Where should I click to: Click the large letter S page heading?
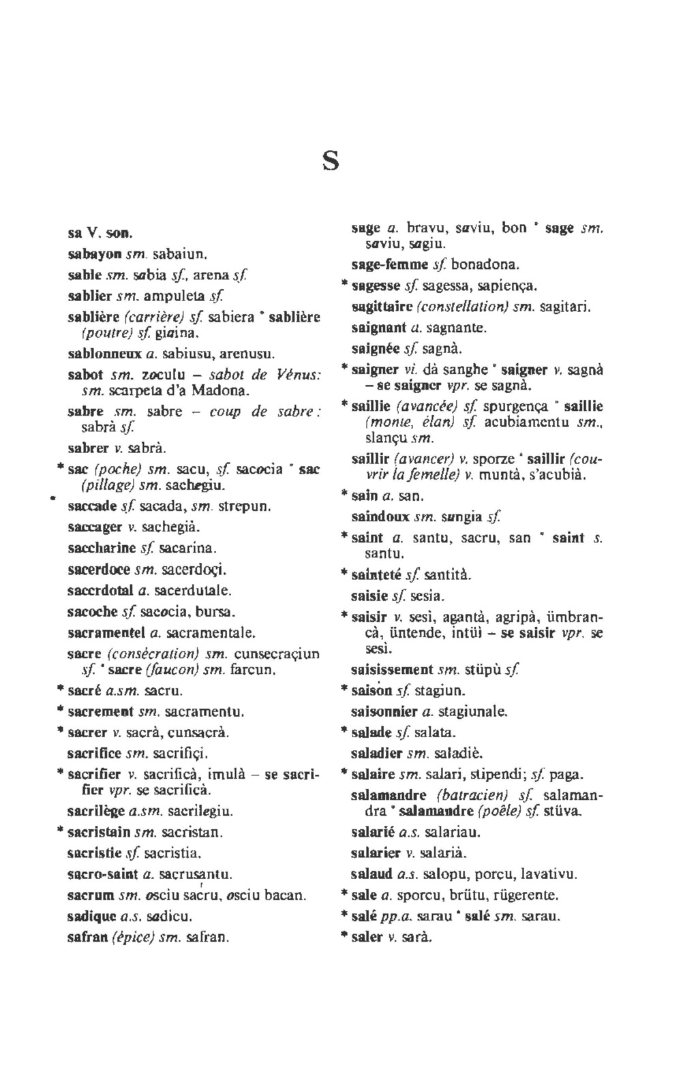click(x=330, y=161)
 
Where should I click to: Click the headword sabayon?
click(x=94, y=254)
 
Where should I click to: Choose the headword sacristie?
click(x=95, y=852)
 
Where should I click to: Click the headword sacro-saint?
click(x=103, y=873)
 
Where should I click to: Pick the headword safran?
click(x=88, y=937)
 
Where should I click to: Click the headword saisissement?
click(x=392, y=670)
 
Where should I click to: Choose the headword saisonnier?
click(x=384, y=712)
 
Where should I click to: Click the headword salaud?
click(x=371, y=873)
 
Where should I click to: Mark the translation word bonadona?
click(x=485, y=264)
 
